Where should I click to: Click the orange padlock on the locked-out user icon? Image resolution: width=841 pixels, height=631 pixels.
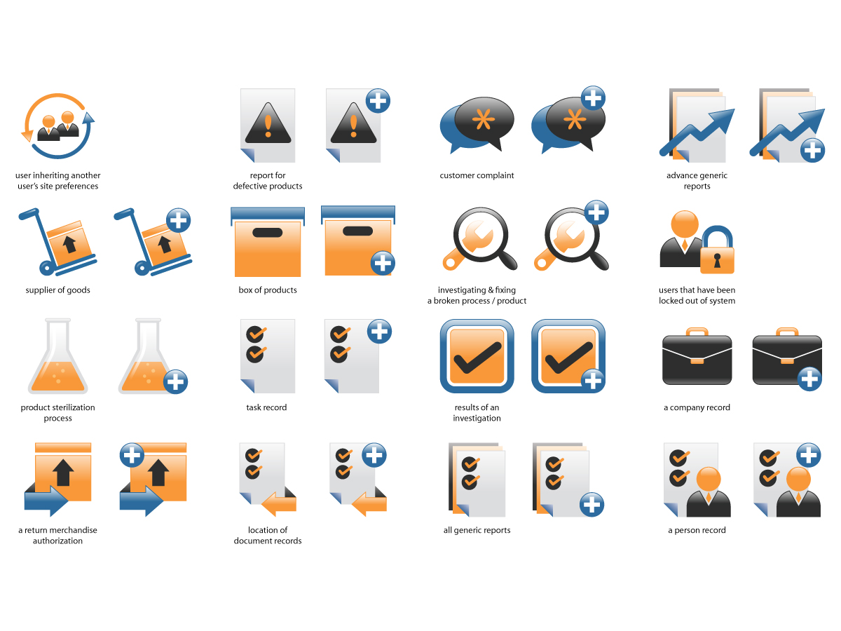point(716,250)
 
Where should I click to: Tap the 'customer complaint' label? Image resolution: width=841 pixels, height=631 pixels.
point(477,175)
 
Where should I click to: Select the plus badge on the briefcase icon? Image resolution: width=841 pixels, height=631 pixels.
point(809,379)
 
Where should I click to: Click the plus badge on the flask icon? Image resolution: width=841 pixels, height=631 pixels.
point(175,381)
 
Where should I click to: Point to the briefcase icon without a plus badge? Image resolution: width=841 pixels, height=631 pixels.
point(696,356)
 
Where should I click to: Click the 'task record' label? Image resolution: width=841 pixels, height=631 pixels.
point(266,407)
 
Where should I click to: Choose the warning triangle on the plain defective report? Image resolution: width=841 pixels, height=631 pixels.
point(268,123)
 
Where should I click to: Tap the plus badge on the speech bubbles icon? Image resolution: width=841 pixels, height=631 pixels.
point(593,97)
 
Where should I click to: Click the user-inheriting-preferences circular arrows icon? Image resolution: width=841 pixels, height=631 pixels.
point(57,126)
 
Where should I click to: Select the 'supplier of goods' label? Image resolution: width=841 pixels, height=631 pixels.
point(57,290)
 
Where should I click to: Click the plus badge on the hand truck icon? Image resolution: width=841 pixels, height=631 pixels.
point(178,220)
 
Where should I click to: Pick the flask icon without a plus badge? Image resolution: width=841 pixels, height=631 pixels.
point(57,356)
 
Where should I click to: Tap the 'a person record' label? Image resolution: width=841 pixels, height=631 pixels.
point(696,530)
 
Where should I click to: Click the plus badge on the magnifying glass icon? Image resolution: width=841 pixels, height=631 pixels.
point(596,212)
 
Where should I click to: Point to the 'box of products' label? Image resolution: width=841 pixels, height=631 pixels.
point(268,290)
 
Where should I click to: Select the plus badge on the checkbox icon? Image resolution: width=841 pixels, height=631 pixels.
point(593,381)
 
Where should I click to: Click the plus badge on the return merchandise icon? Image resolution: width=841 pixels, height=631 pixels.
point(132,455)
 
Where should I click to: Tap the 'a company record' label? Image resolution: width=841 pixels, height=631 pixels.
point(696,407)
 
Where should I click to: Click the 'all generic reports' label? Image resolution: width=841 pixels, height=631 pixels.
point(477,530)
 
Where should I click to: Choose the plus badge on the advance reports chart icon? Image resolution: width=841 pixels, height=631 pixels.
point(812,150)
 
